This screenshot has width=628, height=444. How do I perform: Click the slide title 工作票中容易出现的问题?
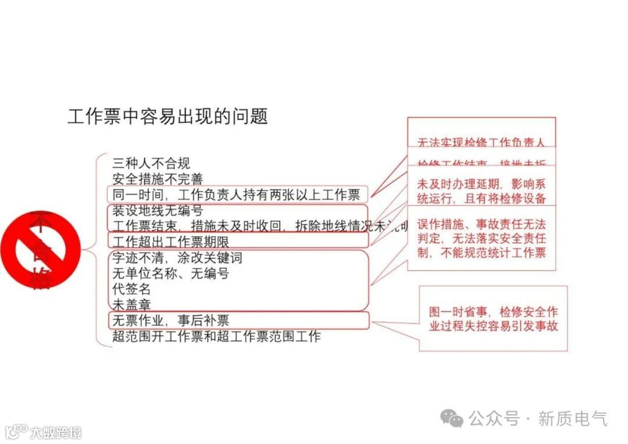point(167,116)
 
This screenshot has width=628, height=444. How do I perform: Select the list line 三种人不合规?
point(151,164)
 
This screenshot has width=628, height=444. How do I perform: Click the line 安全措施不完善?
point(157,179)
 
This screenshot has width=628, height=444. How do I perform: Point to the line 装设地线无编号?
point(157,211)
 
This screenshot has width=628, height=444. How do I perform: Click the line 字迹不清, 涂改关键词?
point(177,258)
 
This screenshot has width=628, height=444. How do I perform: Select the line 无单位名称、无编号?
point(170,273)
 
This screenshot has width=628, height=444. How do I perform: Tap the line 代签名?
point(131,289)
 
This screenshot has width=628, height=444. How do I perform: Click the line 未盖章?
point(131,304)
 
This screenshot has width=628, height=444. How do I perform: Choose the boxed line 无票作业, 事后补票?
point(170,320)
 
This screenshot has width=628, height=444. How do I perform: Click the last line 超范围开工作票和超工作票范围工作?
point(216,336)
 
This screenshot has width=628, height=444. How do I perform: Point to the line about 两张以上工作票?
point(236,195)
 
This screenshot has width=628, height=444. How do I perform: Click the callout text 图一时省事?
point(493,318)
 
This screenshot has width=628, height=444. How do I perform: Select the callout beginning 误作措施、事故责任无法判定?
point(481,239)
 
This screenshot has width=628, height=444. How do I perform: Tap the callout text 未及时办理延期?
point(481,191)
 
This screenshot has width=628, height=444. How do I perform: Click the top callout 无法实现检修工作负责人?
point(481,141)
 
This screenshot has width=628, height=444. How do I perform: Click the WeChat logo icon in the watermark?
point(452,418)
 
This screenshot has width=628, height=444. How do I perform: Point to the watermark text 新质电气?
point(572,418)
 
